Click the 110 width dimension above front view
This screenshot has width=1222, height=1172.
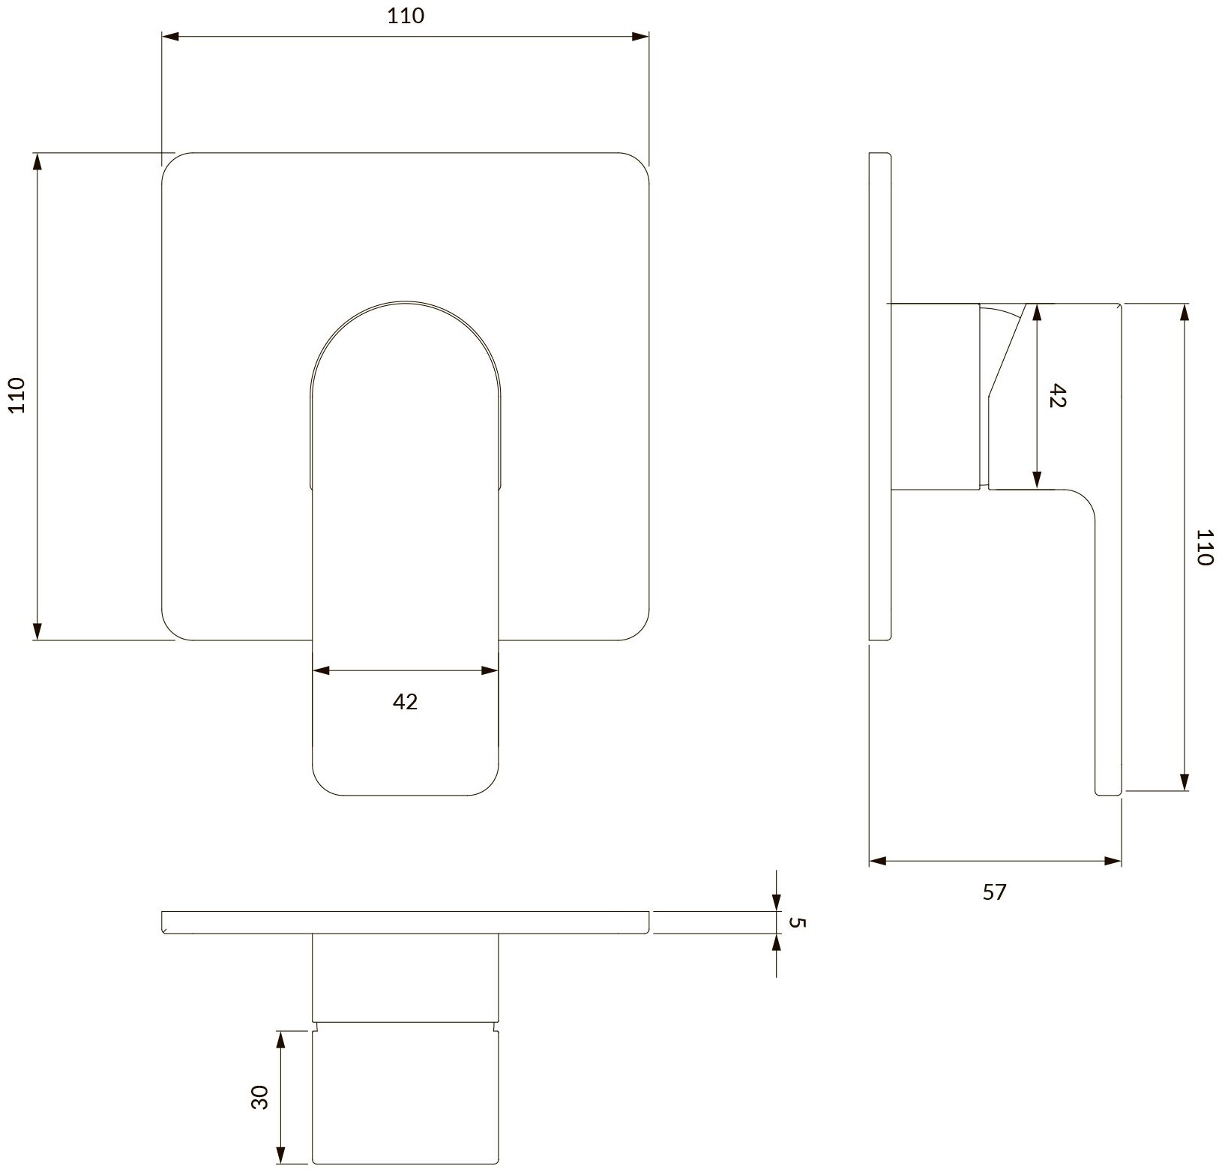coord(406,16)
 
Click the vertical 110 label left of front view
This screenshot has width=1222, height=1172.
coord(16,395)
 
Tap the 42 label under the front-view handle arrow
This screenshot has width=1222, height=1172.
coord(405,702)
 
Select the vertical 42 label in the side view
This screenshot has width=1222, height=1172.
coord(1057,395)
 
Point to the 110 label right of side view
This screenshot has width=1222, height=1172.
coord(1203,547)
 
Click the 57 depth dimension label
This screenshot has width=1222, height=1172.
coord(994,892)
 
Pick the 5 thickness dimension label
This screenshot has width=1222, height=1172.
coord(798,922)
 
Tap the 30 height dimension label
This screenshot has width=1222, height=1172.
coord(260,1099)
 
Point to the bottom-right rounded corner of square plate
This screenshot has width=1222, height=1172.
coord(639,631)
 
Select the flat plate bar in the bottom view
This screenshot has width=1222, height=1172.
coord(405,923)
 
